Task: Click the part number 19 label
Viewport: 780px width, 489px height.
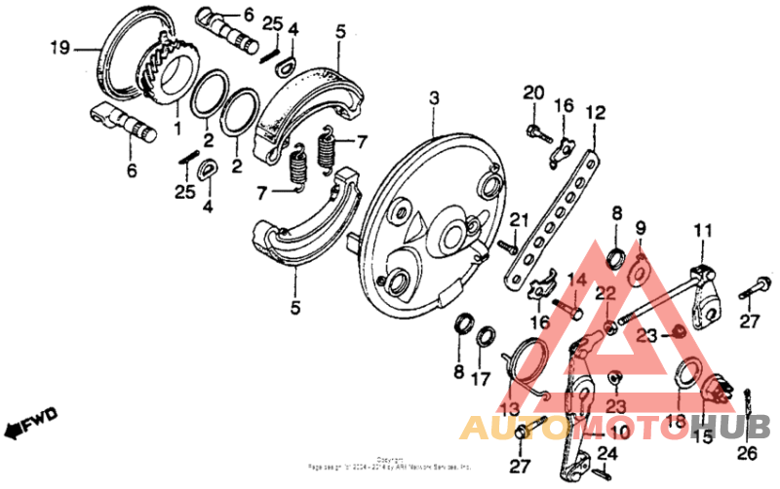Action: point(60,46)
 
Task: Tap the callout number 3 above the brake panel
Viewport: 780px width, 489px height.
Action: point(434,98)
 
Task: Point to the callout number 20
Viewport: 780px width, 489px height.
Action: point(531,93)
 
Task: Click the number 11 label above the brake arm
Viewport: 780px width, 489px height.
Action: point(703,230)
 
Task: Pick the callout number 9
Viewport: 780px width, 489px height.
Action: point(640,229)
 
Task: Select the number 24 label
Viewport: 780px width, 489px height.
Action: point(607,453)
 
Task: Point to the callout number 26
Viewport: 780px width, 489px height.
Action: point(748,452)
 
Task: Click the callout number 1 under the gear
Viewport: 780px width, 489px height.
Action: point(177,128)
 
